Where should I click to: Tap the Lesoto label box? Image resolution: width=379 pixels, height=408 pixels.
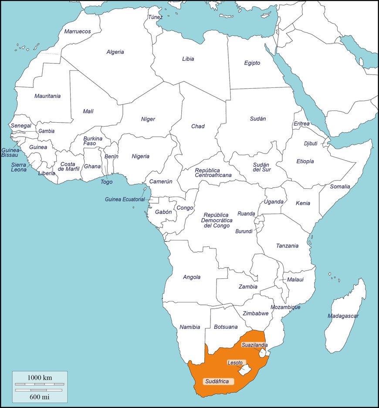coord(235,362)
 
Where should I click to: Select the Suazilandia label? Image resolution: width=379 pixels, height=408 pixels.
coord(255,345)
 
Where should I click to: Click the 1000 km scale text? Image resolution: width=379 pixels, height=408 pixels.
coord(40,378)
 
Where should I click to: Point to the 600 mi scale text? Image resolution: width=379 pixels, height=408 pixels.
coord(40,397)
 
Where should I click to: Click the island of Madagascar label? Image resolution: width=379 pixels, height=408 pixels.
coord(343,316)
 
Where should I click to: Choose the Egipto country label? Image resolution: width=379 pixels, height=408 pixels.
coord(252,63)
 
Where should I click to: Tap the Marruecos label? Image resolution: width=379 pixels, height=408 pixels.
coord(78,31)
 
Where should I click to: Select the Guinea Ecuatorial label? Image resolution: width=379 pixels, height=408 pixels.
coord(125,200)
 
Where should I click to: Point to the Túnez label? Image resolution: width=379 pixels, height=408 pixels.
coord(155,17)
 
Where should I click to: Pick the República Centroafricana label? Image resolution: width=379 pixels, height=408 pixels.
coord(213,173)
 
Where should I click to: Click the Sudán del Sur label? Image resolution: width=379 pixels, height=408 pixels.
coord(262,167)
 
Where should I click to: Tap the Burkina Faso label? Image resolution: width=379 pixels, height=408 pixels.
coord(92,141)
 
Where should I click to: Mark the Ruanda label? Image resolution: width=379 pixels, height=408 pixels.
coord(246,214)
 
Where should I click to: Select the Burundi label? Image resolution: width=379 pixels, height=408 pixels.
coord(244,231)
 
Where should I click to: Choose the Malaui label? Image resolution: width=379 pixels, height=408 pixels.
coord(295,280)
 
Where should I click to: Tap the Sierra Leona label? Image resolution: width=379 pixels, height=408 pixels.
coord(19,167)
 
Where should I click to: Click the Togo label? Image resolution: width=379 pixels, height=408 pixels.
coord(106,182)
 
